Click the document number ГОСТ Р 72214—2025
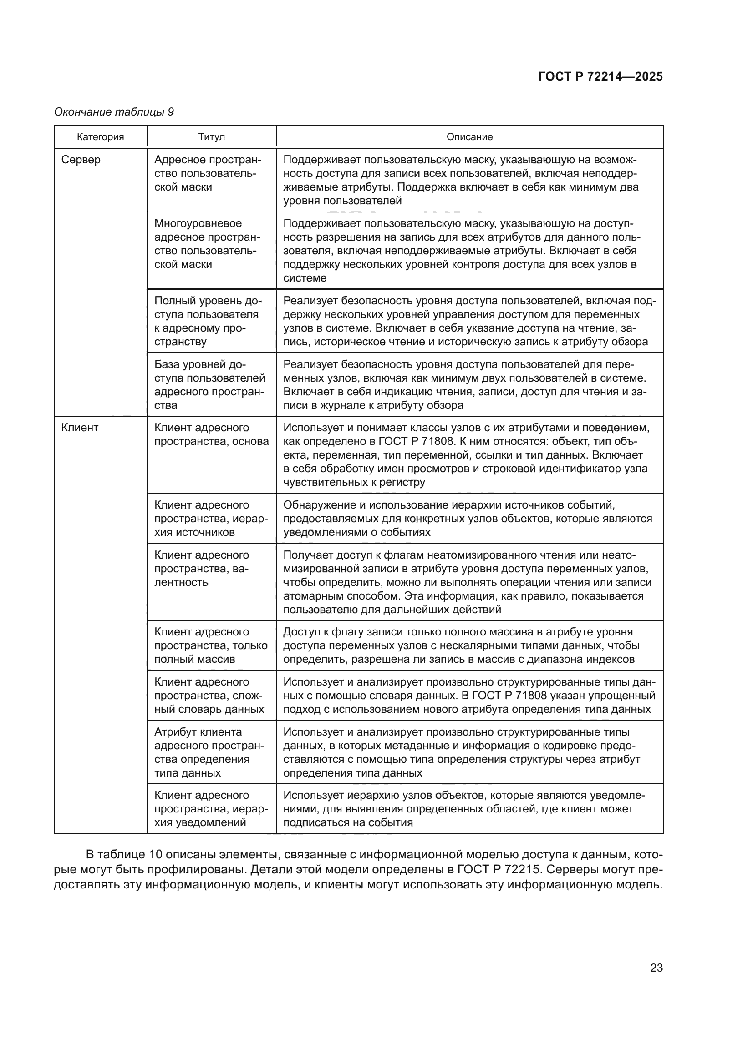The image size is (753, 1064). (x=600, y=76)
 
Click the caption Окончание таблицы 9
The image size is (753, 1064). (x=114, y=112)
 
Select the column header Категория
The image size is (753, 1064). (x=100, y=137)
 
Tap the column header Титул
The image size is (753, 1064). (x=211, y=137)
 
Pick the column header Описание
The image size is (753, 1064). (x=469, y=137)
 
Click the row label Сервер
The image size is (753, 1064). (x=81, y=160)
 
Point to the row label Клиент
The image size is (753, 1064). (x=80, y=428)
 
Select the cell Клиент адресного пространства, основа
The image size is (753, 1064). (x=211, y=435)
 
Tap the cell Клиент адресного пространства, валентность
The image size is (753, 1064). (x=202, y=569)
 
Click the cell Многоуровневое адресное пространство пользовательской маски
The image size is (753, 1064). (x=208, y=244)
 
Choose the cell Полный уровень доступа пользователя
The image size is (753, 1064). (x=208, y=321)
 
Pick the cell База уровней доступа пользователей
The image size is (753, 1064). (x=209, y=385)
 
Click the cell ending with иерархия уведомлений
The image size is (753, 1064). (x=211, y=809)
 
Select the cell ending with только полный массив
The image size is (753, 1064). (x=211, y=645)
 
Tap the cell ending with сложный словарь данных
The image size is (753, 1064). (x=209, y=695)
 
